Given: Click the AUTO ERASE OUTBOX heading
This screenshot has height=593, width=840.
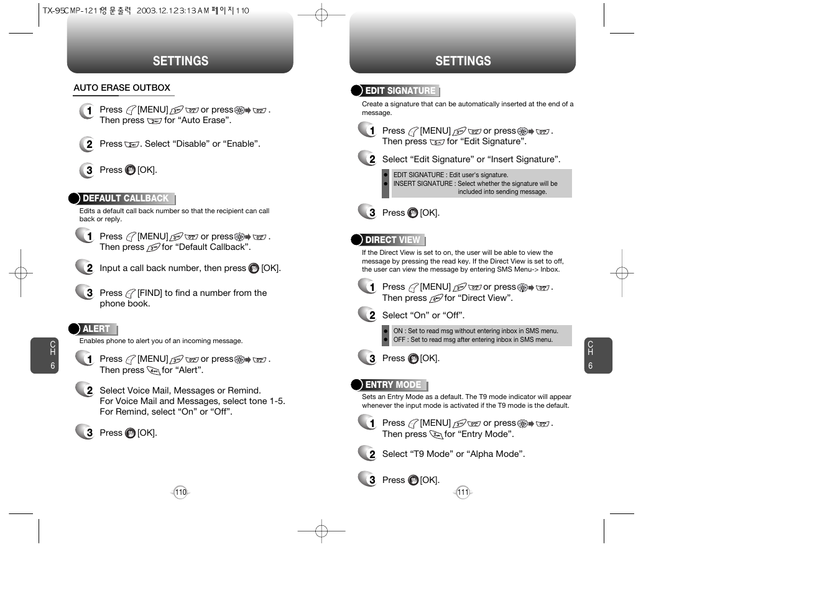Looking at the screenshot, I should click(x=122, y=88).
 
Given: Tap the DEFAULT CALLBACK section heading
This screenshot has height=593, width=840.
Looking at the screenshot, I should click(x=126, y=198).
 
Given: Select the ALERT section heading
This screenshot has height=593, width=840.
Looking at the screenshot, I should click(x=96, y=329).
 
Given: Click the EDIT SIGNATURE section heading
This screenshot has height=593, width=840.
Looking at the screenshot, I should click(x=400, y=91).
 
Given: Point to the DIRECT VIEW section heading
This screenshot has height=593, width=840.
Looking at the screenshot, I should click(x=392, y=240).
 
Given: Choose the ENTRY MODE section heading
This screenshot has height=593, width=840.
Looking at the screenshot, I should click(x=393, y=385).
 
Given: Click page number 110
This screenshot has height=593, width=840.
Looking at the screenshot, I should click(x=180, y=492).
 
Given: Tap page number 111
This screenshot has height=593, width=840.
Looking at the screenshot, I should click(x=463, y=492).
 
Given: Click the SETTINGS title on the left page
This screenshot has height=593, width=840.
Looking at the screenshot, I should click(x=180, y=61).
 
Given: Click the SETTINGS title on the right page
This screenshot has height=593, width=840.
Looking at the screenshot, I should click(x=463, y=61).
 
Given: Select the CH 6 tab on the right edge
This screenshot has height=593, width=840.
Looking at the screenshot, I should click(x=599, y=356).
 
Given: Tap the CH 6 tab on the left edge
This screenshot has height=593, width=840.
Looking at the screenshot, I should click(x=45, y=356).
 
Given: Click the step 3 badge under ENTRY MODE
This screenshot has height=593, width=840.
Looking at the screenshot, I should click(x=367, y=479).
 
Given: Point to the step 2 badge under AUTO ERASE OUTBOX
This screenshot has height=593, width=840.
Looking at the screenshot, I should click(x=86, y=144).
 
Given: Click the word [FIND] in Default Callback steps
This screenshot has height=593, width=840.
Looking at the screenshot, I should click(x=150, y=293).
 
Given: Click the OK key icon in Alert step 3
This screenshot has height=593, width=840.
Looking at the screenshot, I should click(x=130, y=433).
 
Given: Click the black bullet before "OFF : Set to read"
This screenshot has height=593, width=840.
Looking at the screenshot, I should click(x=385, y=340).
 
